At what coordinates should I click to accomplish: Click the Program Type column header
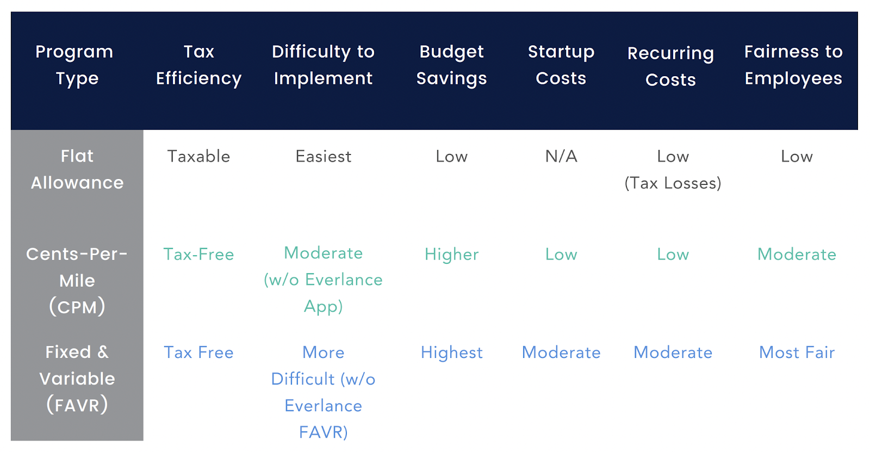pos(74,65)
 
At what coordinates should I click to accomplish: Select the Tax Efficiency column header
pos(198,65)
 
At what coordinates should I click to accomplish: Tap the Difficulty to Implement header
pos(323,65)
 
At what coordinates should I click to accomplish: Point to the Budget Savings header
pos(451,65)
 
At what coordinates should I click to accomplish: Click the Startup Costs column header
pos(561,65)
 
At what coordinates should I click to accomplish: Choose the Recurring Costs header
pos(670,66)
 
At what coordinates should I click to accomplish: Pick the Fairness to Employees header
pos(793,65)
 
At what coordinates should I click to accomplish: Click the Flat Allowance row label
pos(77,169)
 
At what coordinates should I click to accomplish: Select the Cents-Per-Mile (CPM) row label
pos(77,280)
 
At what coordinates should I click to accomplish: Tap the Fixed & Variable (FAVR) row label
pos(77,378)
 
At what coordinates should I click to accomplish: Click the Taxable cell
pos(198,157)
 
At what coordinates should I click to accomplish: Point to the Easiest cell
pos(323,157)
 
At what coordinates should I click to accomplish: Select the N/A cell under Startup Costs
pos(561,157)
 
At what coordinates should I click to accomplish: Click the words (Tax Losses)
pos(673,183)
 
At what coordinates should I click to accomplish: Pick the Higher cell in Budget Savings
pos(451,255)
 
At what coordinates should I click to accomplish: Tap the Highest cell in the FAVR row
pos(451,352)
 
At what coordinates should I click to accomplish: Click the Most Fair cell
pos(797,352)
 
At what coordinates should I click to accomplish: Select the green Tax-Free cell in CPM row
pos(198,255)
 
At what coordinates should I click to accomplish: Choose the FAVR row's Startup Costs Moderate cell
pos(561,352)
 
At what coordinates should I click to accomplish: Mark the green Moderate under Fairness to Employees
pos(797,255)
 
